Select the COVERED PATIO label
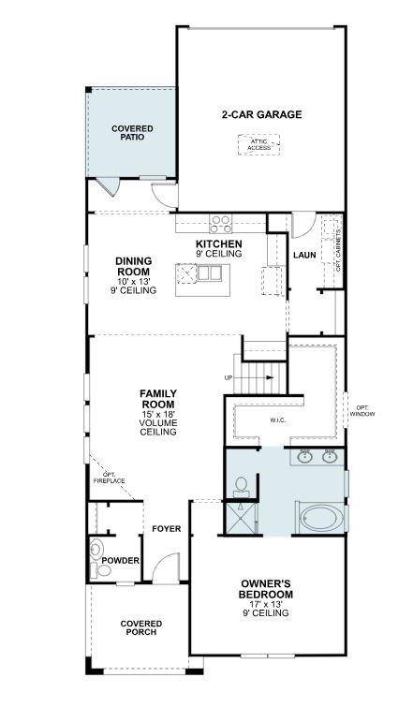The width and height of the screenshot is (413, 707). click(131, 133)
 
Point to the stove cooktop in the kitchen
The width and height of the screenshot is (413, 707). click(221, 224)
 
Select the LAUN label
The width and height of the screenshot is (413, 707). click(303, 254)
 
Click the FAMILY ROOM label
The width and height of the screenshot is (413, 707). click(159, 400)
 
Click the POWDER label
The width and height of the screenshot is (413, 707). click(121, 561)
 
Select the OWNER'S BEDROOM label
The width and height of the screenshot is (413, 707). click(266, 589)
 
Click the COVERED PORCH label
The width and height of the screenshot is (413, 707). click(141, 627)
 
